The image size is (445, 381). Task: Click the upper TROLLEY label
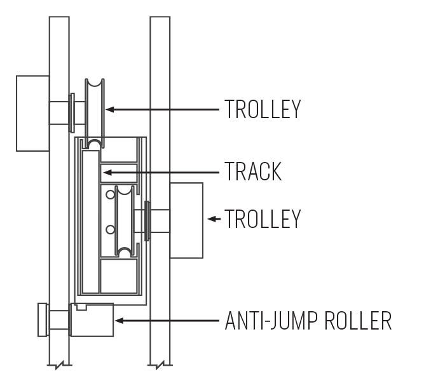(x=263, y=109)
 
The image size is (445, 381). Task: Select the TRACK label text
(x=253, y=171)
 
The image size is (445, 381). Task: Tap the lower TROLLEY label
(x=263, y=218)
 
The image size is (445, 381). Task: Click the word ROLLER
(x=358, y=321)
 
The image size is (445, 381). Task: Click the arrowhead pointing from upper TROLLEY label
(x=109, y=109)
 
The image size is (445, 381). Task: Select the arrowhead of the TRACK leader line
(x=107, y=172)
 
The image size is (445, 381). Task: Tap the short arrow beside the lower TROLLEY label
(x=214, y=219)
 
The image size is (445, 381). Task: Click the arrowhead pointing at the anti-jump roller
(x=119, y=321)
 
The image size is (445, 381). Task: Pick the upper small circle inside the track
(x=111, y=195)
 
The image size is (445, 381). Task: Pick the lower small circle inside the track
(x=111, y=230)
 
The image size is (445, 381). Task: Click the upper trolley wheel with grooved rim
(x=95, y=114)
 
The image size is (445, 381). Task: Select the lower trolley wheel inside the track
(x=125, y=222)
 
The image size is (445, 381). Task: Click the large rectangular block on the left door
(x=32, y=114)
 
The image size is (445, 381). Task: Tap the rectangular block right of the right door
(x=186, y=220)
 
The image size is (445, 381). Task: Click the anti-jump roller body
(x=92, y=320)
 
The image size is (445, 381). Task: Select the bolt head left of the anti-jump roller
(x=43, y=320)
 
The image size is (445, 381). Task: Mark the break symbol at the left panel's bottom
(x=59, y=365)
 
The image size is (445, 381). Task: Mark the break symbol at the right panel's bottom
(x=160, y=365)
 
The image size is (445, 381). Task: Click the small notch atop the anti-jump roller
(x=81, y=307)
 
